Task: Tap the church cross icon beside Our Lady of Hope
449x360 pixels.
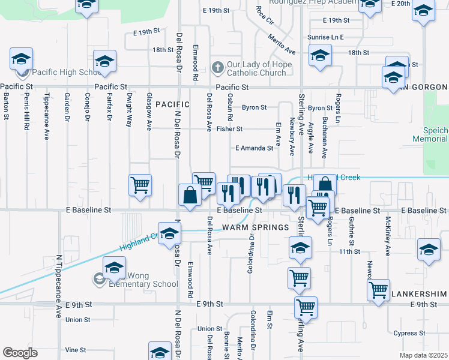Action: [x=218, y=68]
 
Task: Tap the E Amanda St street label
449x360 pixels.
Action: [x=254, y=148]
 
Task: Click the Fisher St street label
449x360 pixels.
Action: [x=229, y=129]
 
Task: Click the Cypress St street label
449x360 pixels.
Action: [x=409, y=333]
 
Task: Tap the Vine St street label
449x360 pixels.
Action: [x=76, y=350]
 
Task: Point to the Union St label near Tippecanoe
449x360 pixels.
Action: [x=78, y=320]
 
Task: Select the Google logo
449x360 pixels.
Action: [x=20, y=353]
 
